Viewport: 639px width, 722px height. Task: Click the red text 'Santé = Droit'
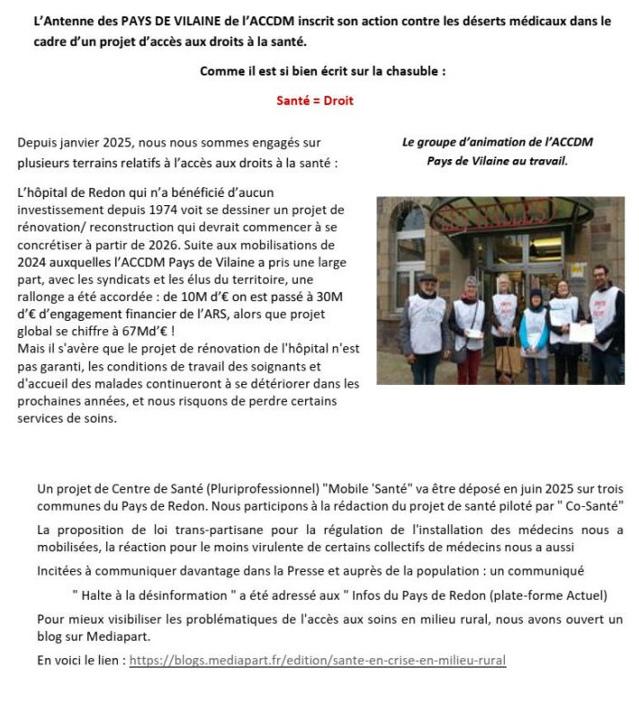[315, 101]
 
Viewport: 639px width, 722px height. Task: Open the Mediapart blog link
[318, 660]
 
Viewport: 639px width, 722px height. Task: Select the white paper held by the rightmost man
[582, 333]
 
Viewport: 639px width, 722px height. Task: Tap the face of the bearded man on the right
[602, 275]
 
